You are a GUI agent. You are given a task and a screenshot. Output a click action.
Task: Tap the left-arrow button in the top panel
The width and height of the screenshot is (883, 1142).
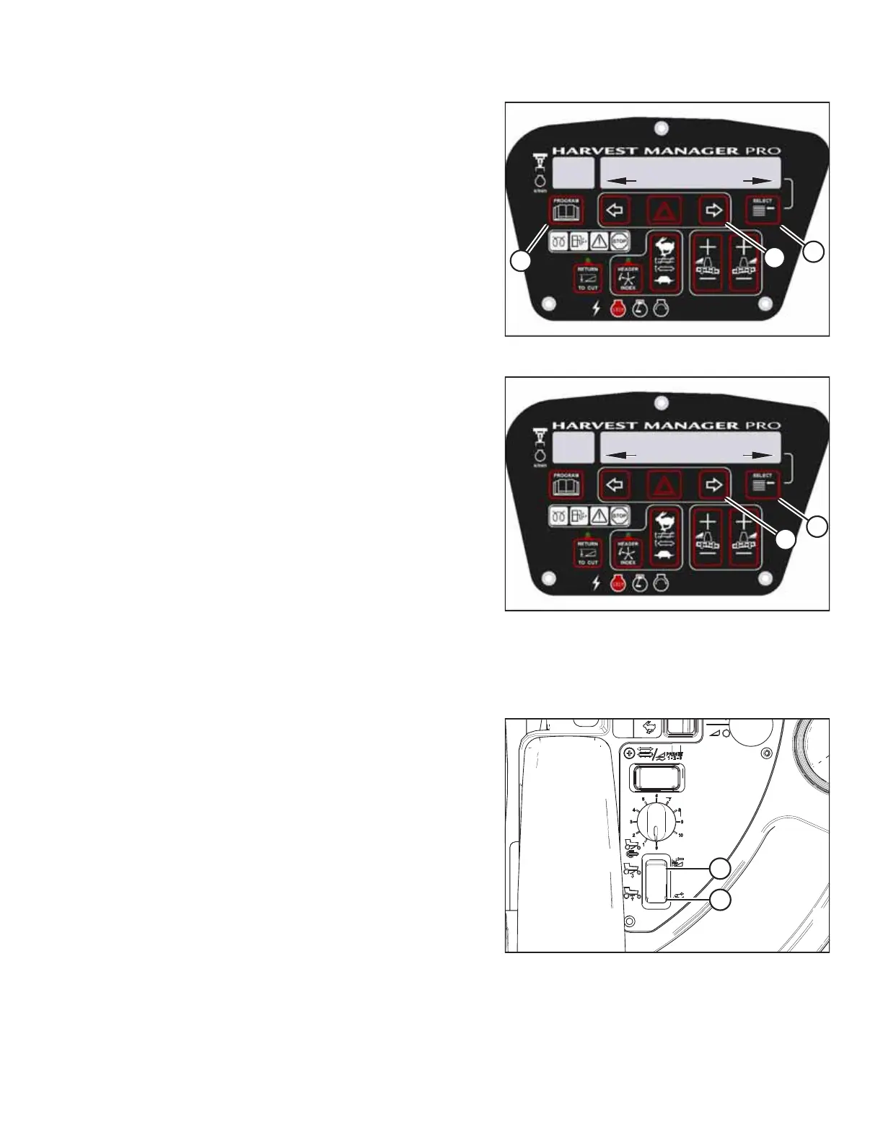tap(615, 211)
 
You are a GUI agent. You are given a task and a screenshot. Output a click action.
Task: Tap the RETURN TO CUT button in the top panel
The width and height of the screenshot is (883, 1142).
tap(587, 278)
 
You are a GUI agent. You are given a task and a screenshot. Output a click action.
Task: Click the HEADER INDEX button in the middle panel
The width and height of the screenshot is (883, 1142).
tap(628, 553)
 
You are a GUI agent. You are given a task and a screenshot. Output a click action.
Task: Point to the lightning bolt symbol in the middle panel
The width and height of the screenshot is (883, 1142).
tap(596, 583)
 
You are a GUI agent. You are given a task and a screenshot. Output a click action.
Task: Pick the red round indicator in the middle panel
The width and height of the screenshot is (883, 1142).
tap(618, 584)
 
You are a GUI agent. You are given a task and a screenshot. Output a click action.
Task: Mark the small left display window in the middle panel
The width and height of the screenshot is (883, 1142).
tap(574, 448)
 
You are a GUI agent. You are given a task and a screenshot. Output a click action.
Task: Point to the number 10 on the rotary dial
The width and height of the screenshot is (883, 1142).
tap(680, 835)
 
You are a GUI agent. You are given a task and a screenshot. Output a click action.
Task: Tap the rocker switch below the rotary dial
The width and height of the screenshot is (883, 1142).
tap(656, 880)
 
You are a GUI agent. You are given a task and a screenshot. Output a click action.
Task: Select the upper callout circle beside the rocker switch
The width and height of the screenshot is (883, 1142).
tap(719, 869)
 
